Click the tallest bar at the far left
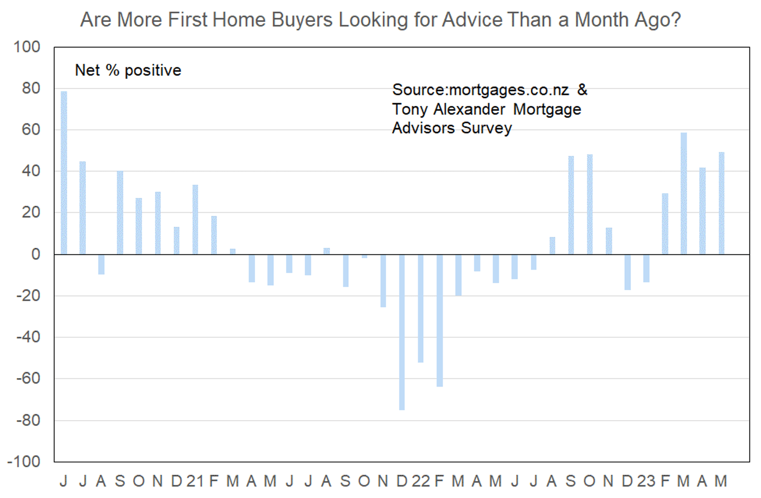pos(64,173)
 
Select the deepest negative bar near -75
pos(402,332)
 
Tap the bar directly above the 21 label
pos(195,220)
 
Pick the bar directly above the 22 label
pos(421,309)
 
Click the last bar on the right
pos(721,203)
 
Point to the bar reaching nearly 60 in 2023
pos(684,193)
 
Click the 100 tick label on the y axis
pos(27,47)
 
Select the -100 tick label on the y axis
pos(24,462)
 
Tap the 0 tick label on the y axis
pos(35,254)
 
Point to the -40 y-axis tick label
pos(28,337)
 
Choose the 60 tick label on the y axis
pos(31,129)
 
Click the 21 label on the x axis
pos(195,481)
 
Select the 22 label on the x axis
pos(421,481)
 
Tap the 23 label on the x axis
pos(646,481)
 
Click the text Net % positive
pos(128,70)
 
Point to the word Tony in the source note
pos(410,109)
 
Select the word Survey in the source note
pos(487,128)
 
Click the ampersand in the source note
pos(582,90)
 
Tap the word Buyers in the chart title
pos(302,19)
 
